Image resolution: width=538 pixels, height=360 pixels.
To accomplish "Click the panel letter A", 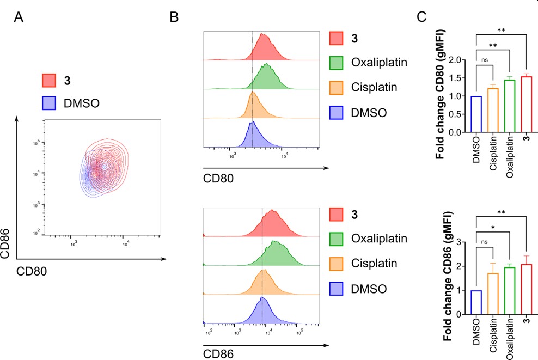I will (x=19, y=17).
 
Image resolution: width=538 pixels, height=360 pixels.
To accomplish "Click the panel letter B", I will (x=174, y=17).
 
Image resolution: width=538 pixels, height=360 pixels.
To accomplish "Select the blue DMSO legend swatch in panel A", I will (x=51, y=102).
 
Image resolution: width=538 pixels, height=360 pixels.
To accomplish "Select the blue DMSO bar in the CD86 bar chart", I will (x=477, y=303).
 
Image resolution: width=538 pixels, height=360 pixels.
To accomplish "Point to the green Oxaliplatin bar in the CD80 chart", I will (x=510, y=106).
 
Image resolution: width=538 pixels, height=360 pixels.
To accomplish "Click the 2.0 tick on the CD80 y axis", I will (x=461, y=60).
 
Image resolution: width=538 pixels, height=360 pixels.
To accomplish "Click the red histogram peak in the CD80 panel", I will (x=263, y=35).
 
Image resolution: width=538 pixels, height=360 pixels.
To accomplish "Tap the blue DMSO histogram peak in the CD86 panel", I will (x=262, y=298).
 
